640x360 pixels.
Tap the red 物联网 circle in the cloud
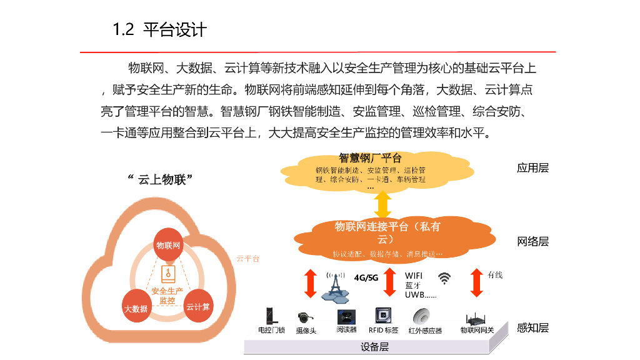(168, 246)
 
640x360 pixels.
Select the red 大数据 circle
(136, 307)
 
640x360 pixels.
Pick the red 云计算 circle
(198, 306)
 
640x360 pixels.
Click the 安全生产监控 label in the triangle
(167, 296)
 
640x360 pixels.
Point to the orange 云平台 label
(247, 259)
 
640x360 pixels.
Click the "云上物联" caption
(159, 180)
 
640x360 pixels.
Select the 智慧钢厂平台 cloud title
(370, 158)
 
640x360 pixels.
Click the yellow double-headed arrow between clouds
(382, 204)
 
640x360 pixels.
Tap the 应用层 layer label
(532, 167)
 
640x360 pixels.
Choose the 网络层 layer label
(532, 242)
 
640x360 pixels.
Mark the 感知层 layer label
(532, 328)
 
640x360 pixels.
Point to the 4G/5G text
(366, 277)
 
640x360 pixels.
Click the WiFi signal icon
(444, 278)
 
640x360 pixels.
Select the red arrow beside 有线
(477, 283)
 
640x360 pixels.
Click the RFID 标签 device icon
(382, 316)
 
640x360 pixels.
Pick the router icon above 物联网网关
(477, 317)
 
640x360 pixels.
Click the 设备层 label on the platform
(375, 347)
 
